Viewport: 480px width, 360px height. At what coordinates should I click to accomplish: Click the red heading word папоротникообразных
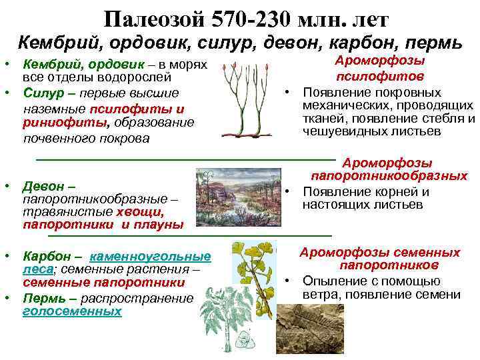[389, 177]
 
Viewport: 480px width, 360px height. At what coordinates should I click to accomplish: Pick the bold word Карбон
[47, 256]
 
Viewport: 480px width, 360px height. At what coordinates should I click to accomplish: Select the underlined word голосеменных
[72, 311]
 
